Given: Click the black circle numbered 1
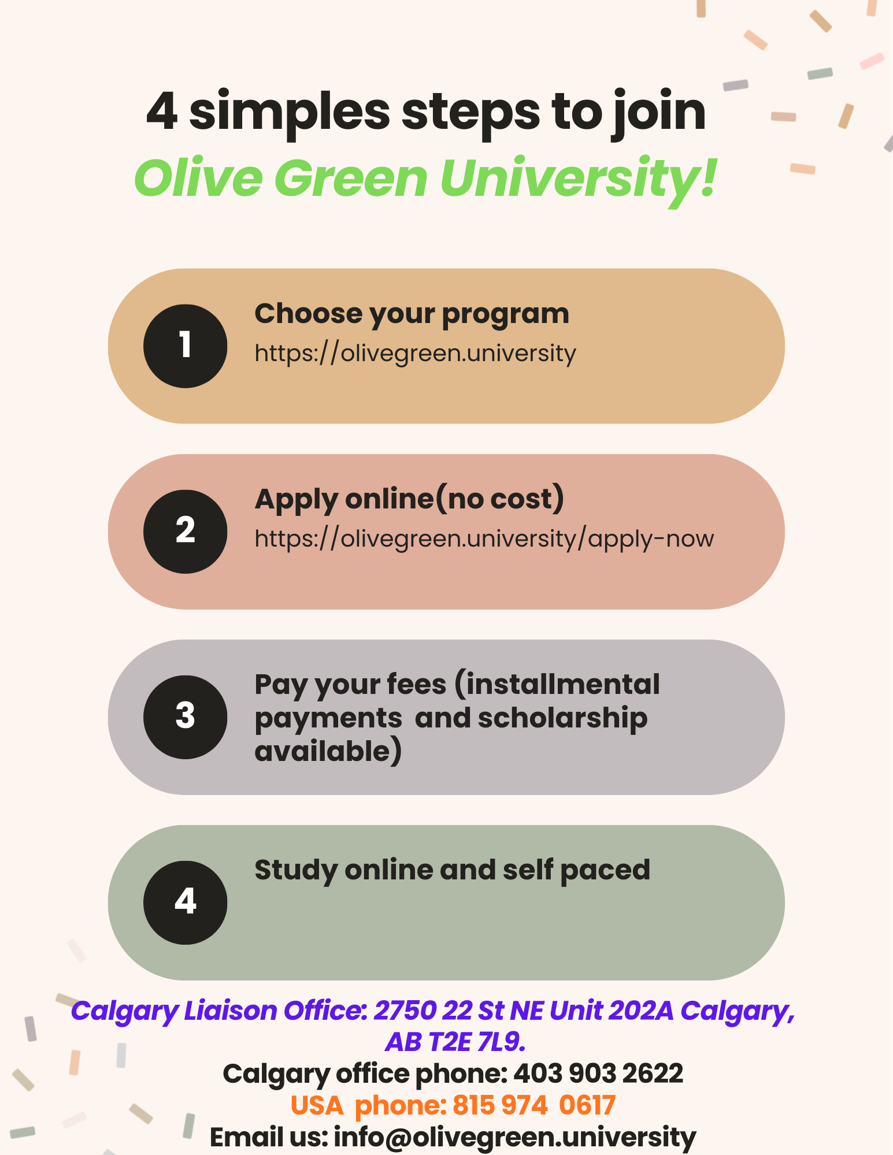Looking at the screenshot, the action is tap(185, 346).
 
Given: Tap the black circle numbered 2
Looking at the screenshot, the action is tap(185, 532).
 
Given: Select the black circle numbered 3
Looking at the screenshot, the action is tap(185, 717).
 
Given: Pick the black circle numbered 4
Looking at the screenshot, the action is tap(185, 903).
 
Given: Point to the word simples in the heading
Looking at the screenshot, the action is tap(290, 113).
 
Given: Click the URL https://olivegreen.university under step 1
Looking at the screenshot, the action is tap(415, 354).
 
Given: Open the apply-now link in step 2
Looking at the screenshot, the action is tap(484, 539).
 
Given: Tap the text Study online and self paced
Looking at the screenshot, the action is tap(452, 871).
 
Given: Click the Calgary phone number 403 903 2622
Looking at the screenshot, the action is tap(598, 1074).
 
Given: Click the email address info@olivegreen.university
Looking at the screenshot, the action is tap(515, 1137).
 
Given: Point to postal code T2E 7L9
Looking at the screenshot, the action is tap(477, 1042).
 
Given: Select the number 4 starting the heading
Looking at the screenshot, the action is tap(162, 112).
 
